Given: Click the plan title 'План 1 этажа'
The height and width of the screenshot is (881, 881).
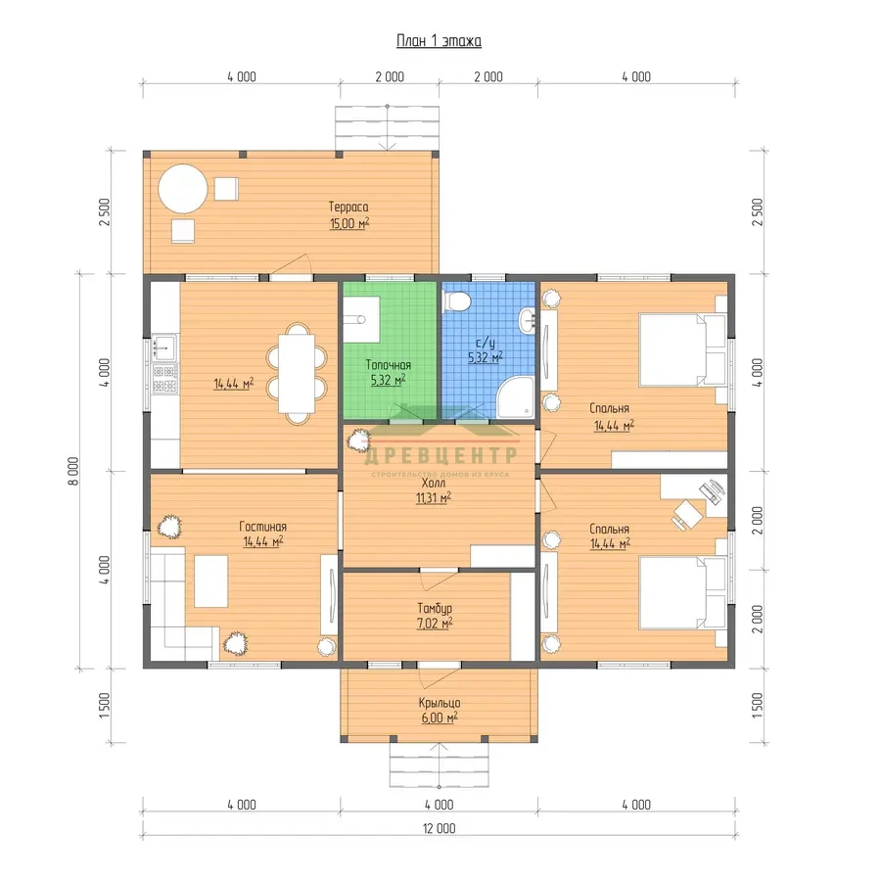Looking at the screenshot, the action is pyautogui.click(x=439, y=41).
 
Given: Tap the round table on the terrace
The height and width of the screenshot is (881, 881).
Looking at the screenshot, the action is pyautogui.click(x=183, y=188).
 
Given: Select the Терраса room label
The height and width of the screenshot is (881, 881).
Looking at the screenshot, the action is pyautogui.click(x=348, y=207).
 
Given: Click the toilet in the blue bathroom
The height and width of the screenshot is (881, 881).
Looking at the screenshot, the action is pyautogui.click(x=456, y=301).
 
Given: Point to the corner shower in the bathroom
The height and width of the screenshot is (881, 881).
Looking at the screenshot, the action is pyautogui.click(x=516, y=397).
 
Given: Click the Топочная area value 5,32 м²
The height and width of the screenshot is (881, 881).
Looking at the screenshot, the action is pyautogui.click(x=389, y=381).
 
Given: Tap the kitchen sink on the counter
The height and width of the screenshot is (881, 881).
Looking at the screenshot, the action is pyautogui.click(x=164, y=348).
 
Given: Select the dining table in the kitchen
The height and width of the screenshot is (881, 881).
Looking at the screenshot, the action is pyautogui.click(x=296, y=374).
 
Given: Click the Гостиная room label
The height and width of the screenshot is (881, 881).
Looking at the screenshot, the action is pyautogui.click(x=263, y=527).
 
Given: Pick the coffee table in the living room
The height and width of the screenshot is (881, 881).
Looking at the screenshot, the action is pyautogui.click(x=210, y=580).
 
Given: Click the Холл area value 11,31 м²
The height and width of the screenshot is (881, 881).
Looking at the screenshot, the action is pyautogui.click(x=434, y=498).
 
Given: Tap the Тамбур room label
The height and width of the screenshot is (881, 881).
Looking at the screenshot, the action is pyautogui.click(x=435, y=608).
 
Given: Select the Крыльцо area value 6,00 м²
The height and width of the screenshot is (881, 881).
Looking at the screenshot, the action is pyautogui.click(x=440, y=718).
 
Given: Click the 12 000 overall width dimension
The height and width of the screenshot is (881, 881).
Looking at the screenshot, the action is pyautogui.click(x=439, y=828).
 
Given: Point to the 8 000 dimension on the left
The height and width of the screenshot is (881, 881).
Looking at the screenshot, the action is pyautogui.click(x=74, y=471).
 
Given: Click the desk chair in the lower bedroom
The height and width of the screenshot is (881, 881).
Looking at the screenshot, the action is pyautogui.click(x=687, y=514).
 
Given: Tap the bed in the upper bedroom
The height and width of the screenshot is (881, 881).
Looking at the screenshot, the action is pyautogui.click(x=682, y=350).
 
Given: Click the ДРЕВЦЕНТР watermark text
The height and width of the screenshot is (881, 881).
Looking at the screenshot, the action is pyautogui.click(x=440, y=454).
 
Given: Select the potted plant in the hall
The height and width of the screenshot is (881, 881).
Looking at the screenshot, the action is pyautogui.click(x=358, y=440).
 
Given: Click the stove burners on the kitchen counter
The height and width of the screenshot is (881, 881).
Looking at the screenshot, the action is pyautogui.click(x=165, y=378).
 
